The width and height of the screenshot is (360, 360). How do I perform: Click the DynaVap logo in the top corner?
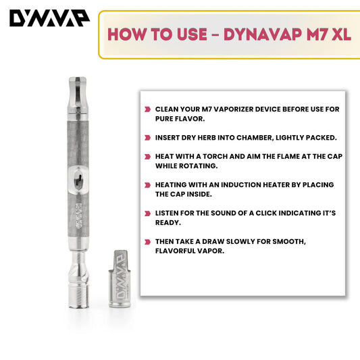pyautogui.click(x=49, y=18)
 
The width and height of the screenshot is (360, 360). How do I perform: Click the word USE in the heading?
pyautogui.click(x=192, y=34)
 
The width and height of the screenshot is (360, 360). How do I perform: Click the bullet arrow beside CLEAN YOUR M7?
pyautogui.click(x=148, y=109)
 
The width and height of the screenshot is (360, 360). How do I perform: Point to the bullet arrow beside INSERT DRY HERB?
pyautogui.click(x=148, y=138)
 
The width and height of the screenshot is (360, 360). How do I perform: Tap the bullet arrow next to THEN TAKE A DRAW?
pyautogui.click(x=148, y=242)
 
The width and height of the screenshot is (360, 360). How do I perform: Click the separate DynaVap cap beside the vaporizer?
pyautogui.click(x=120, y=279)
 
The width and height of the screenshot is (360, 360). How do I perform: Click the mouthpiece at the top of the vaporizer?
pyautogui.click(x=78, y=95)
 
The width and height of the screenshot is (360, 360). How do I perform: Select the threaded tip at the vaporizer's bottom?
pyautogui.click(x=78, y=297)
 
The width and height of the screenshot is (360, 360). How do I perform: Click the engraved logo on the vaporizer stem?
pyautogui.click(x=79, y=215)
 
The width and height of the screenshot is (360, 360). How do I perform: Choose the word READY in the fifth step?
pyautogui.click(x=168, y=223)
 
